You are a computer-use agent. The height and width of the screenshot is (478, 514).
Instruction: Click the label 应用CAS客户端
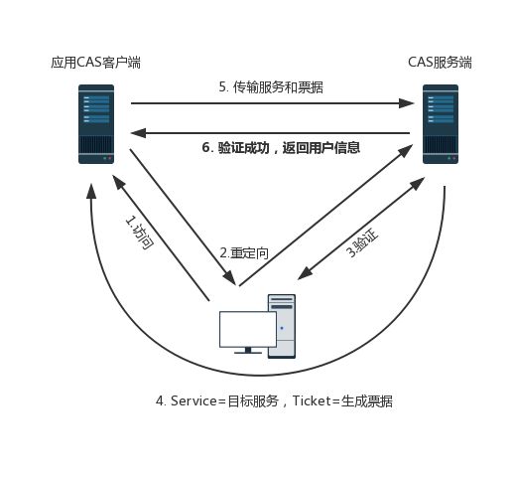(x=95, y=63)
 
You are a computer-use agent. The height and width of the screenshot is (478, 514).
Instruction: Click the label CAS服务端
(x=440, y=63)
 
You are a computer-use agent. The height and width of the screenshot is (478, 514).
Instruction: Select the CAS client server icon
(x=96, y=123)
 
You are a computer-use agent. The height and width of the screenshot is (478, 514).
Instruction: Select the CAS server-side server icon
(x=440, y=123)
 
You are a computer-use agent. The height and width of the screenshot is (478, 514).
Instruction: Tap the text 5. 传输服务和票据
(x=271, y=87)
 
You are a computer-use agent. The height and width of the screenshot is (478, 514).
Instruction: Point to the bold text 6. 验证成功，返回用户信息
(x=280, y=148)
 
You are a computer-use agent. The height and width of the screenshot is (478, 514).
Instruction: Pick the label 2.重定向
(x=244, y=253)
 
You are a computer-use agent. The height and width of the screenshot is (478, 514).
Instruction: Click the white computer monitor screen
(x=247, y=329)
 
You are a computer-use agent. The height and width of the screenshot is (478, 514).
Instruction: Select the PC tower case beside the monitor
(x=281, y=326)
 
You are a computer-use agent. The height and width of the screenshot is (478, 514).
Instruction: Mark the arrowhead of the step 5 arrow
(x=408, y=102)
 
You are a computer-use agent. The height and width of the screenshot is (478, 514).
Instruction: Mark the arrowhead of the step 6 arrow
(x=138, y=133)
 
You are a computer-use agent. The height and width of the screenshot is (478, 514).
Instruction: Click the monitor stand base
(x=247, y=351)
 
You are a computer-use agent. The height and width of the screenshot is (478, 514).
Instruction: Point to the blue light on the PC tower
(x=281, y=329)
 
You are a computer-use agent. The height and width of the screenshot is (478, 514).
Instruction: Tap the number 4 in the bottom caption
(x=160, y=400)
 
